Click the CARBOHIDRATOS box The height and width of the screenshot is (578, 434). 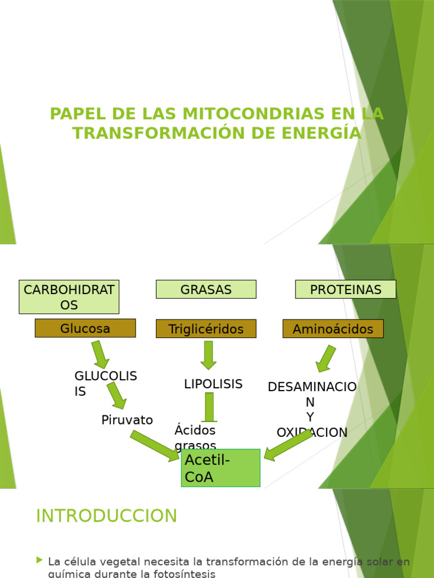click(69, 297)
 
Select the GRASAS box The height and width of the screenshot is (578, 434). click(206, 290)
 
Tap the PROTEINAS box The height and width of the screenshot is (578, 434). click(345, 290)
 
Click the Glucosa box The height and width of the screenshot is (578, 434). click(85, 328)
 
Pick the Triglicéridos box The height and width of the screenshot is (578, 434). click(206, 329)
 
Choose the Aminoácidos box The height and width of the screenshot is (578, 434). click(333, 329)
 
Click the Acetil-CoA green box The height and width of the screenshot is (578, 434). click(220, 468)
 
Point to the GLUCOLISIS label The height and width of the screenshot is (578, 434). click(106, 383)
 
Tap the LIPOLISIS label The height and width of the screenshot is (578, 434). click(213, 384)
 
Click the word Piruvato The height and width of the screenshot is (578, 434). click(127, 419)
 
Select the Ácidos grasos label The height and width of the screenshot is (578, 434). click(195, 437)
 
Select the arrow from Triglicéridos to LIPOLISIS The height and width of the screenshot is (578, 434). click(209, 355)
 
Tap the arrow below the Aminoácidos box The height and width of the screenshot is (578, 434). click(326, 358)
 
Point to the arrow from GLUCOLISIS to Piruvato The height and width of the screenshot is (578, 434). click(117, 395)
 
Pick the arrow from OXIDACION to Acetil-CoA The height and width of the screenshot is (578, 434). click(288, 445)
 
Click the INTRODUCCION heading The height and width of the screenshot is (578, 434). click(106, 515)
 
